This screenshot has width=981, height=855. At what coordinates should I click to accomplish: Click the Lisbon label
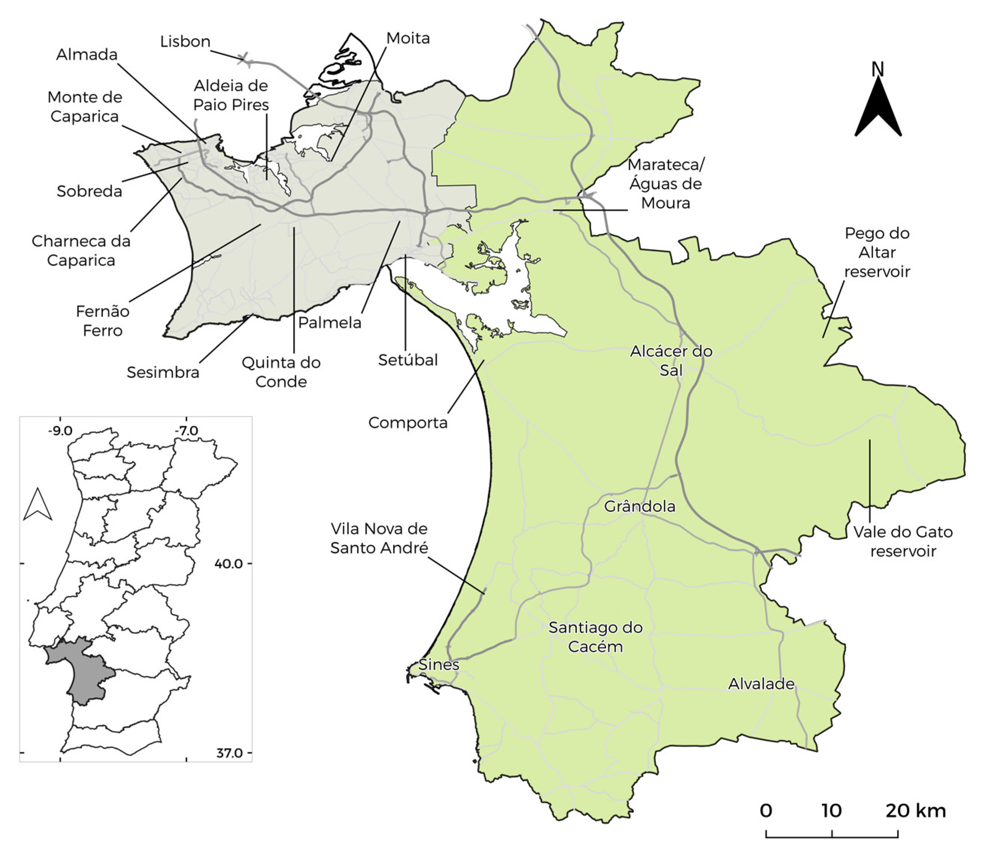(185, 41)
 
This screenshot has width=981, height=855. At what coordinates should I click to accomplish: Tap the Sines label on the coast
(438, 665)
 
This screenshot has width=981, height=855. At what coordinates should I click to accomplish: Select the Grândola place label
(639, 506)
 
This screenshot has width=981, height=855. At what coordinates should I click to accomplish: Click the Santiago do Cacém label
(595, 637)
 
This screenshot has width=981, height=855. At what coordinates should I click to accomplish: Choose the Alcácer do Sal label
(671, 361)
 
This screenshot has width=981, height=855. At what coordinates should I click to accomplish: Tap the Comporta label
(408, 422)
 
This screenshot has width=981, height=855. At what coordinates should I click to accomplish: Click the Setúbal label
(408, 360)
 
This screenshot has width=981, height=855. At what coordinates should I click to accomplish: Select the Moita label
(408, 38)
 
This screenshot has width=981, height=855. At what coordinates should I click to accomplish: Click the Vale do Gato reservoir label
(902, 542)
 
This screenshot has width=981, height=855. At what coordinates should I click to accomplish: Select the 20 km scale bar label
(915, 810)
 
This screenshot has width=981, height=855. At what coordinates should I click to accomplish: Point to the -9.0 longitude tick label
(60, 431)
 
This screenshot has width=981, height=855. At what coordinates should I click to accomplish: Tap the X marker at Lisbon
(244, 59)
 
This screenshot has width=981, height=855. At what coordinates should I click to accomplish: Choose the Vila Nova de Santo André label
(379, 538)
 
